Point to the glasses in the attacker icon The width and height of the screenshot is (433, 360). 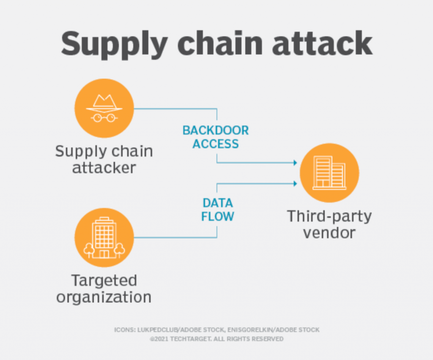tap(104, 117)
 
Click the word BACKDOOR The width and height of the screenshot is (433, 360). tap(216, 130)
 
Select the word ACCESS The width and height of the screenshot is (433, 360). tap(216, 144)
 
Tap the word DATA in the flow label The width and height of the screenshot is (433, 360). tap(217, 203)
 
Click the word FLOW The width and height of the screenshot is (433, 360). tap(217, 217)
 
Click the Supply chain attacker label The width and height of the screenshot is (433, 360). tap(104, 159)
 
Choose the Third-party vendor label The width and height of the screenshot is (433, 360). tap(329, 224)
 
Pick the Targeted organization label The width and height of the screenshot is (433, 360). tap(104, 288)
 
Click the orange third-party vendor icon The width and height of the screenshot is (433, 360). tap(329, 173)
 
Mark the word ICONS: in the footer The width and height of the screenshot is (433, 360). tap(123, 330)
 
